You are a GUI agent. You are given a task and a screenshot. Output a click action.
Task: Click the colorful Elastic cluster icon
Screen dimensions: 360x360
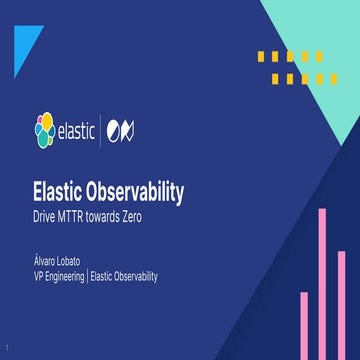point(45,130)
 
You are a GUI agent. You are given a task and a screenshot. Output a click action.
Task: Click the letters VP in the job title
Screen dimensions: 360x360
point(39,277)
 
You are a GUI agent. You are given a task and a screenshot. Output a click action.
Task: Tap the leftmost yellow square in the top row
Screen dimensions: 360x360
point(263,56)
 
